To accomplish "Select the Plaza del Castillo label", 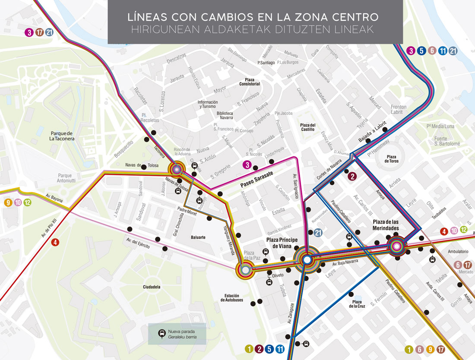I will click(x=308, y=127).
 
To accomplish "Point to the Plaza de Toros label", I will click(x=392, y=159).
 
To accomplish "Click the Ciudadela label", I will click(x=152, y=287).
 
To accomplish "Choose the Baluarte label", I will click(x=198, y=237).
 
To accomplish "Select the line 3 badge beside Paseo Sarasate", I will click(x=247, y=164).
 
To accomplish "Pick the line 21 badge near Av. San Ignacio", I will click(x=318, y=233).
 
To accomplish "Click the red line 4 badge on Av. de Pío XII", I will click(x=55, y=242).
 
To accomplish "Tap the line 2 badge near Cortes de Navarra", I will click(x=352, y=176).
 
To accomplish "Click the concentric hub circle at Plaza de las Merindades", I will click(x=396, y=246).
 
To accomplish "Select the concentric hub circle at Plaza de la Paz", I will click(x=245, y=270).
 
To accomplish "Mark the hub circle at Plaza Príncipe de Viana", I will click(x=307, y=260).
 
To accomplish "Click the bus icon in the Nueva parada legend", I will click(x=161, y=334).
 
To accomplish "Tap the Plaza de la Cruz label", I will click(x=357, y=304).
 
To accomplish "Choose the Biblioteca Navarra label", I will click(x=225, y=115).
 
